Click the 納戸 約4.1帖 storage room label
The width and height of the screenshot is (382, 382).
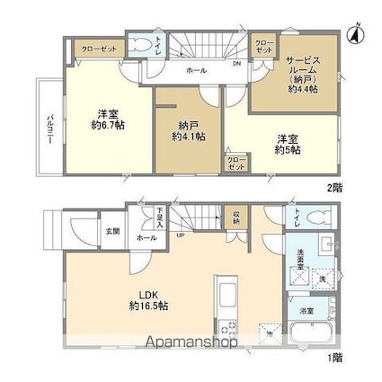[189, 130]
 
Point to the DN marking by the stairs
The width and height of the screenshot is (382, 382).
[236, 65]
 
